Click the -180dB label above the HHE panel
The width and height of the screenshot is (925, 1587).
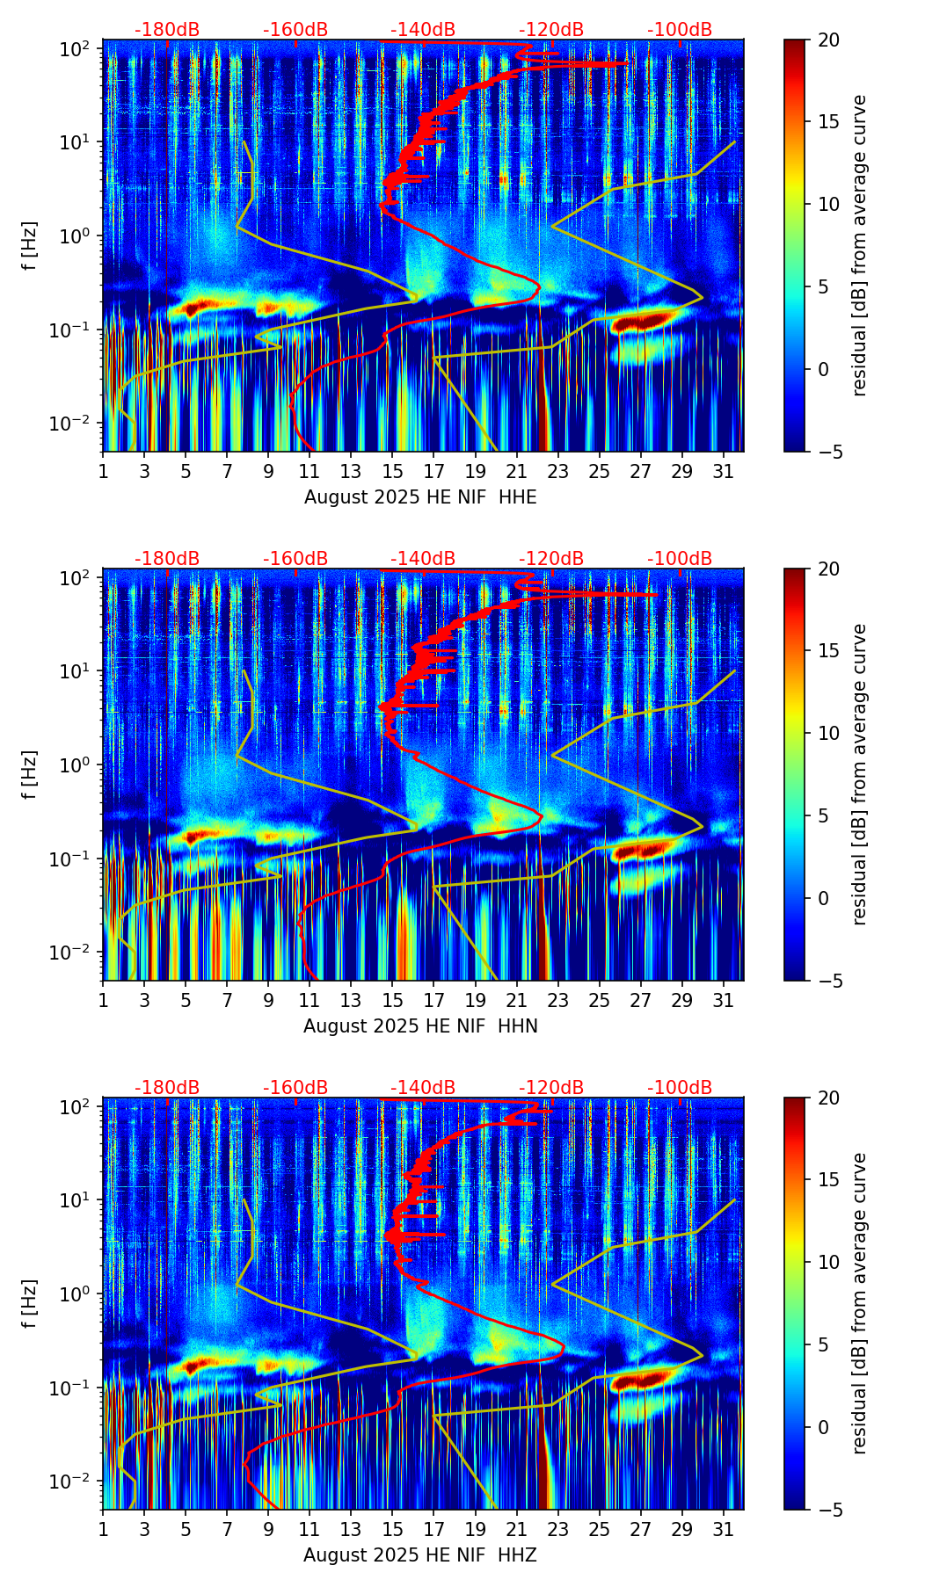pos(167,30)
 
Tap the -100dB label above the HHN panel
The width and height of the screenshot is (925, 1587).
pos(680,559)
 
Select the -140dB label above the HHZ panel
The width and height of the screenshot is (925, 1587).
pos(423,1088)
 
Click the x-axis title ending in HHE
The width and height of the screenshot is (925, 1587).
pos(420,497)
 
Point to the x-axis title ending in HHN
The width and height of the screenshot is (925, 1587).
pos(420,1026)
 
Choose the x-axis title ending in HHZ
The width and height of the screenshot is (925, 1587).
pos(420,1555)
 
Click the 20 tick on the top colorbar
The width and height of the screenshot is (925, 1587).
pos(828,40)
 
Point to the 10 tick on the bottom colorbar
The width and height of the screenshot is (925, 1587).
pos(828,1263)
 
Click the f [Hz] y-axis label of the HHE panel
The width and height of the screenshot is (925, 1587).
pos(31,246)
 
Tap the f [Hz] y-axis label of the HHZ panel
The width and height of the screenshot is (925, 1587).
pos(31,1304)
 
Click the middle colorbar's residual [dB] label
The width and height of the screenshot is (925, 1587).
pos(859,774)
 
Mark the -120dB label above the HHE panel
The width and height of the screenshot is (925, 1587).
pos(551,30)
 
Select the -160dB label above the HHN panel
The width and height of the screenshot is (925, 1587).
pos(295,559)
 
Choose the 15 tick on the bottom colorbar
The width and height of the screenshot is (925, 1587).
pos(828,1180)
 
